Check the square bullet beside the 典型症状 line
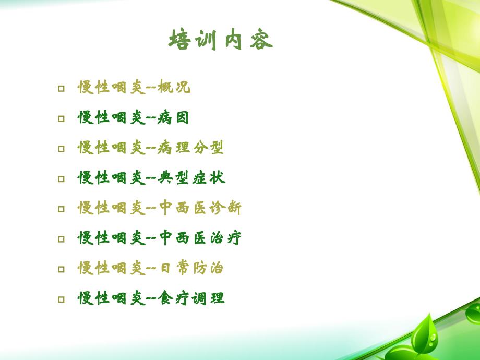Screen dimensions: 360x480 pos(62,179)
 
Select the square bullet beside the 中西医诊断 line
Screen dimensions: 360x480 pos(62,209)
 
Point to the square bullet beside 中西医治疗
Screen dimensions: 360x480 pos(62,239)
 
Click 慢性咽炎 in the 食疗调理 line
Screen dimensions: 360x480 pos(111,299)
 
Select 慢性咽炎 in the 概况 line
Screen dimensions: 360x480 pos(111,88)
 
